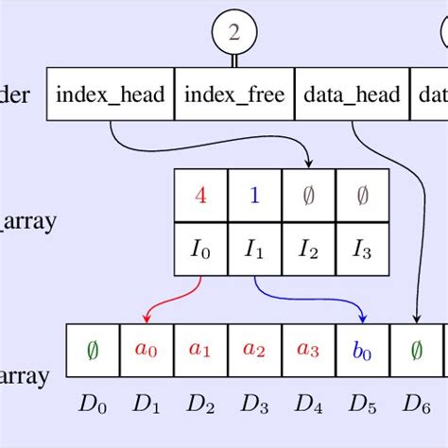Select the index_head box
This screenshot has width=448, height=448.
click(111, 95)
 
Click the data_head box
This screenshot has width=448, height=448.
click(352, 95)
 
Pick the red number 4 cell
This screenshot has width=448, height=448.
click(199, 197)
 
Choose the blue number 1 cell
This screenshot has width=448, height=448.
click(254, 197)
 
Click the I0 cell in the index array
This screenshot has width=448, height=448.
click(199, 250)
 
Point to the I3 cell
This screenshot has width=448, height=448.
click(362, 250)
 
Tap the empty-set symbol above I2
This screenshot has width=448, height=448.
click(308, 197)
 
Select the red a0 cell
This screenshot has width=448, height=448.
click(146, 349)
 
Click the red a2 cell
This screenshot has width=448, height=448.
click(254, 349)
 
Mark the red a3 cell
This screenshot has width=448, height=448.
click(308, 349)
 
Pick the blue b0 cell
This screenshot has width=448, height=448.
click(362, 349)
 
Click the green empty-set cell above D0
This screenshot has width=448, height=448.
click(93, 349)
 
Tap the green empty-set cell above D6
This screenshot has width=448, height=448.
click(416, 349)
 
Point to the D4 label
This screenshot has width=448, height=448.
click(308, 405)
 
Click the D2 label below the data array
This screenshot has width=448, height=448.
click(200, 405)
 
